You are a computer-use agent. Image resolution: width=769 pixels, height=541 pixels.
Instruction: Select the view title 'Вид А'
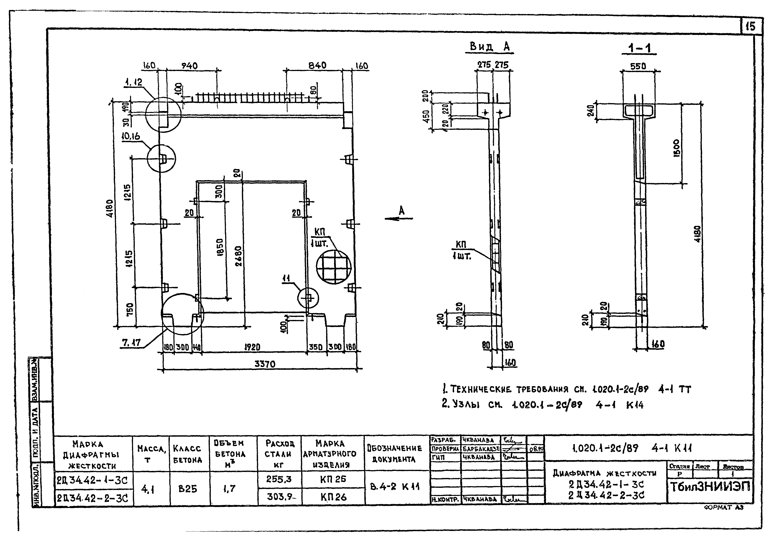(490, 47)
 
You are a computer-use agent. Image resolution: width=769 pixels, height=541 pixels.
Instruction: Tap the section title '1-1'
(639, 49)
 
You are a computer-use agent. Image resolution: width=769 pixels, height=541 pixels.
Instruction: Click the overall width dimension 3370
(265, 364)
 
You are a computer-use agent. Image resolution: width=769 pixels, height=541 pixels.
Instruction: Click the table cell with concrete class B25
(187, 489)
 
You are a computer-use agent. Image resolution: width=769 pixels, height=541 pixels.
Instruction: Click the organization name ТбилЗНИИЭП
(710, 487)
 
